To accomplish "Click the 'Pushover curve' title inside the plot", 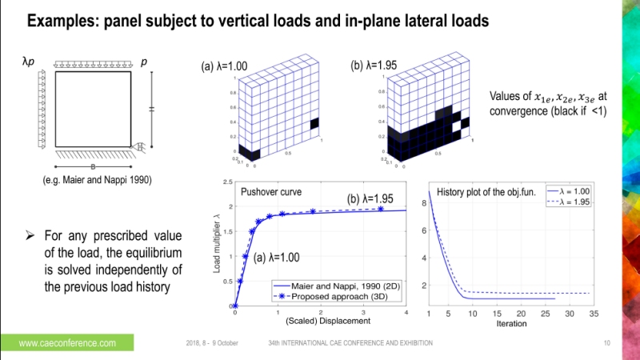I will pyautogui.click(x=266, y=194).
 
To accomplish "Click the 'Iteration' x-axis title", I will pyautogui.click(x=511, y=323).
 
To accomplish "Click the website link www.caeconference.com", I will pyautogui.click(x=67, y=342).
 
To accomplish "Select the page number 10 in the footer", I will pyautogui.click(x=606, y=342).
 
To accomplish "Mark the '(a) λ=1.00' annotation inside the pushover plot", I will pyautogui.click(x=278, y=258).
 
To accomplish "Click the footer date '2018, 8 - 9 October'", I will pyautogui.click(x=206, y=342).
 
